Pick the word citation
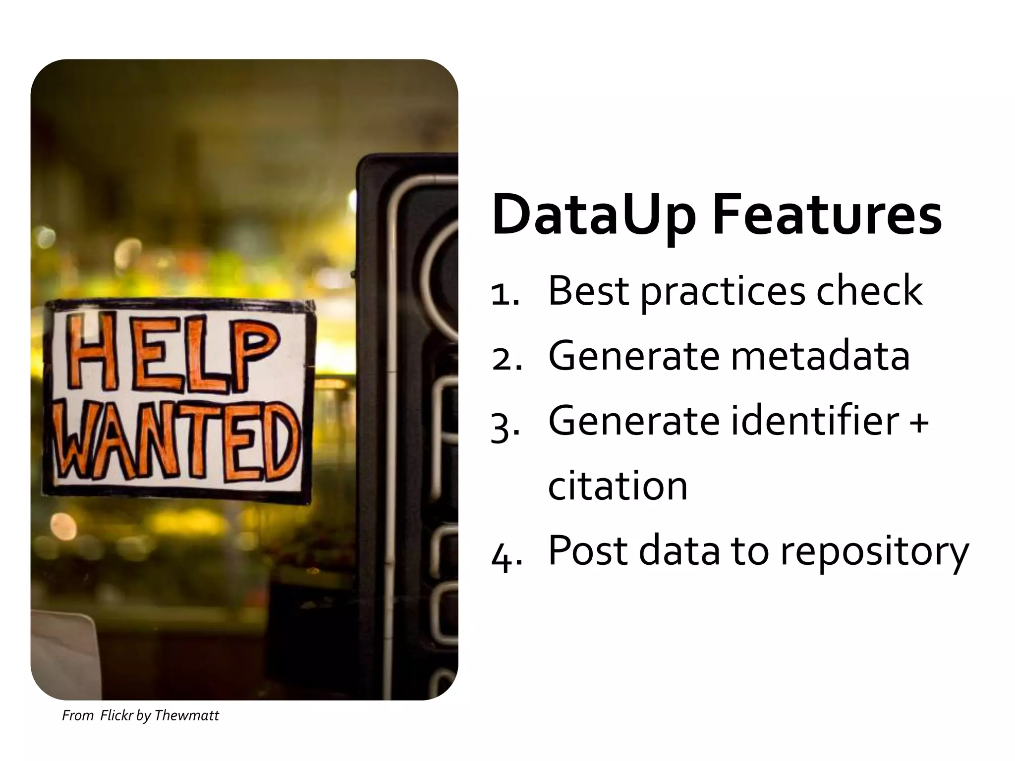pyautogui.click(x=618, y=486)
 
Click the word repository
pyautogui.click(x=875, y=552)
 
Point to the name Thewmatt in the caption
pyautogui.click(x=186, y=715)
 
